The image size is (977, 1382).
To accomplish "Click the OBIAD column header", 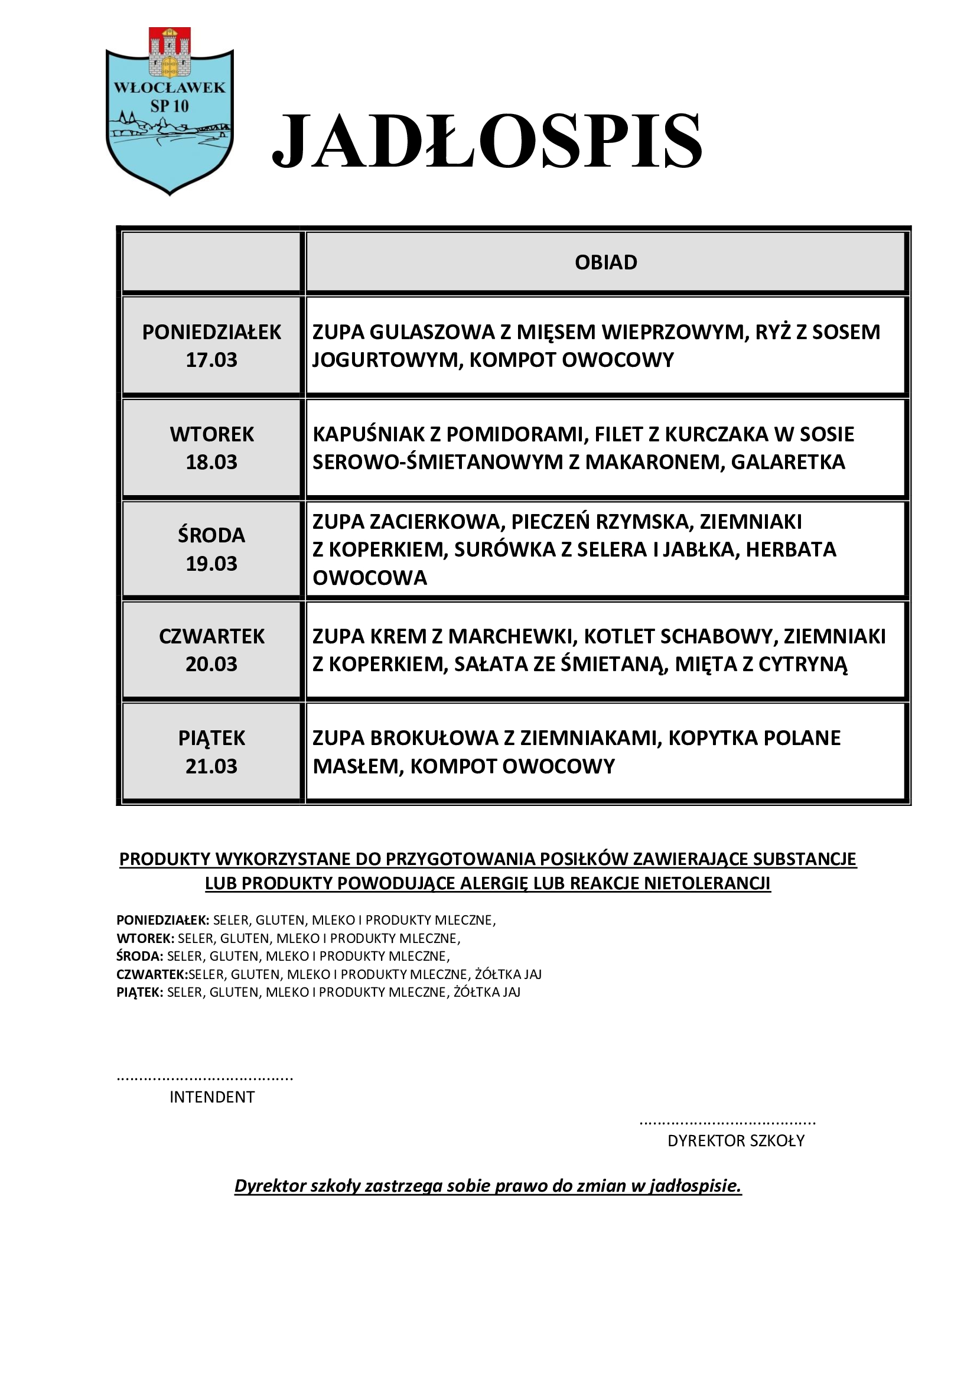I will click(x=606, y=262).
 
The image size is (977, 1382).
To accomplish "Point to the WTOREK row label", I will click(x=212, y=434).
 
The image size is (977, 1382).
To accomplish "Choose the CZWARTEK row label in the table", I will click(x=212, y=636).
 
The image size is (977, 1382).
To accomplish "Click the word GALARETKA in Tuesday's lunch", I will click(x=788, y=461).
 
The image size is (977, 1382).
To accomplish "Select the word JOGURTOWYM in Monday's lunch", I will click(x=386, y=360).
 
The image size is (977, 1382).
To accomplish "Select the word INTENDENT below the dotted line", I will click(x=212, y=1097).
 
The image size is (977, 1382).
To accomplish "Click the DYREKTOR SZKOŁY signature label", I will click(x=736, y=1140).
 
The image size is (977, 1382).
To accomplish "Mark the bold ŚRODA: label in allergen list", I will click(x=139, y=956).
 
